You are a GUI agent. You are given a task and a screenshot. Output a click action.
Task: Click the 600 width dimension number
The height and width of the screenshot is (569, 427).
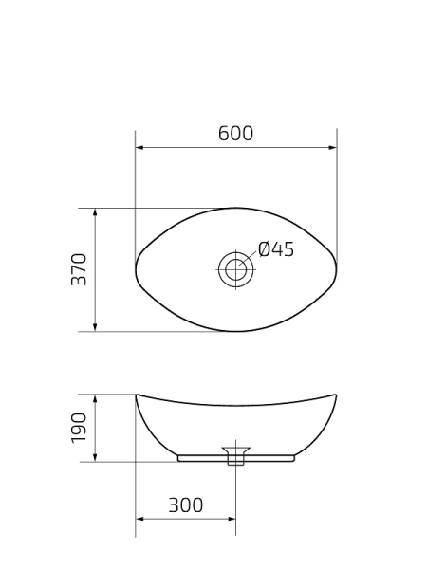click(235, 134)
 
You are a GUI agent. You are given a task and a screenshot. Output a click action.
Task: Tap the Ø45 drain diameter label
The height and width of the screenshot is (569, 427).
click(276, 249)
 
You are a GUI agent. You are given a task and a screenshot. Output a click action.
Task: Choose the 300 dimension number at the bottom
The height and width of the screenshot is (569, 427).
click(186, 505)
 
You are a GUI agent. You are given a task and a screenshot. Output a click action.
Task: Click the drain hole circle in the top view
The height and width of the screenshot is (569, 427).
click(234, 270)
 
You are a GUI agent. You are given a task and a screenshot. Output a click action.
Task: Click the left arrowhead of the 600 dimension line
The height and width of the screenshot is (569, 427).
click(139, 148)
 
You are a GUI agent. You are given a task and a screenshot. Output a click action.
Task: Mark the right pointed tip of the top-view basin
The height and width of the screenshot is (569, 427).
click(336, 270)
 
